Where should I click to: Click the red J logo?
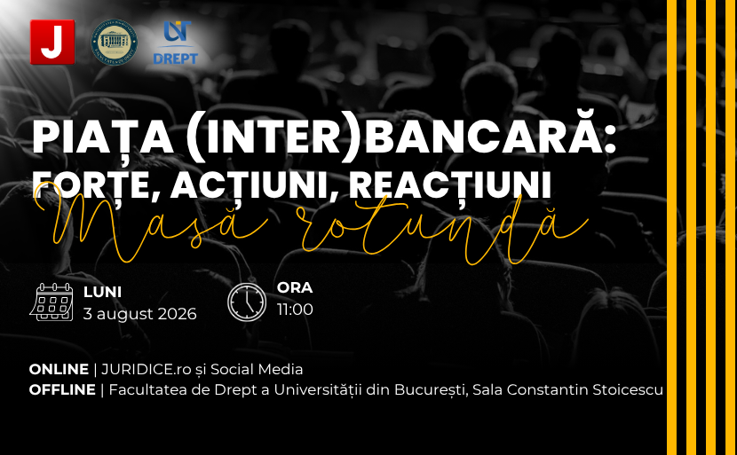coord(52,42)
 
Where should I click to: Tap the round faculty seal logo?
coord(115,43)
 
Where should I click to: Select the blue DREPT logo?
coord(175,43)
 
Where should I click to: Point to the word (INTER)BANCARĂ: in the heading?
coord(401,137)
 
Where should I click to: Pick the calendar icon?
coord(52,302)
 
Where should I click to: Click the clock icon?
coord(247,302)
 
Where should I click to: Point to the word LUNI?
coord(102,292)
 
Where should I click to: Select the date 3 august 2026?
coord(139,314)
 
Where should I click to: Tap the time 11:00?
coord(295,310)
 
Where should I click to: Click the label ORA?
coord(295,287)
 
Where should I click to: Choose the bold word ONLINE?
coord(59,370)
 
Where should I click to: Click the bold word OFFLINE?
coord(62,389)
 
